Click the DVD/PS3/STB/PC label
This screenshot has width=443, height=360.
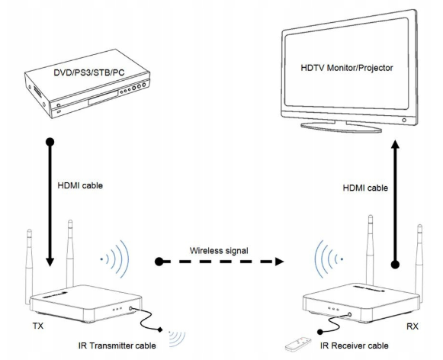point(89,72)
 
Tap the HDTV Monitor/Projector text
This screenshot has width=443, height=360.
point(347,68)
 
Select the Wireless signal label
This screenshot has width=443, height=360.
point(219,251)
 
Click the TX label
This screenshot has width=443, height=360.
point(38,326)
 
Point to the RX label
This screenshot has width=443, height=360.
point(413,326)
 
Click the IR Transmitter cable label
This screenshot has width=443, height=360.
point(117,346)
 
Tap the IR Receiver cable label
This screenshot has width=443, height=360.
point(355,346)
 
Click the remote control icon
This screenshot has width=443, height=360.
point(298,344)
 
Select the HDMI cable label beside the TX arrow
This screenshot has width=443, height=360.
point(80,185)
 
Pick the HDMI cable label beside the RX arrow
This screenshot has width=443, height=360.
point(365,188)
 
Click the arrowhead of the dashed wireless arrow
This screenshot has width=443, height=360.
point(279,262)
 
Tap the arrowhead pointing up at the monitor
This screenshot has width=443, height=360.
point(395,144)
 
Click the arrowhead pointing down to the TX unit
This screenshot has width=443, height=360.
point(50,262)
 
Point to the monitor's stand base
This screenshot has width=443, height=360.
point(341,127)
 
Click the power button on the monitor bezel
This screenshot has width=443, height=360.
point(404,120)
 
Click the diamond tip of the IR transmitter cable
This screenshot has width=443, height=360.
point(160,329)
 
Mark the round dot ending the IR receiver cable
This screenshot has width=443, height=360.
point(320,332)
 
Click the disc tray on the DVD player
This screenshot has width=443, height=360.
point(103,98)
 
